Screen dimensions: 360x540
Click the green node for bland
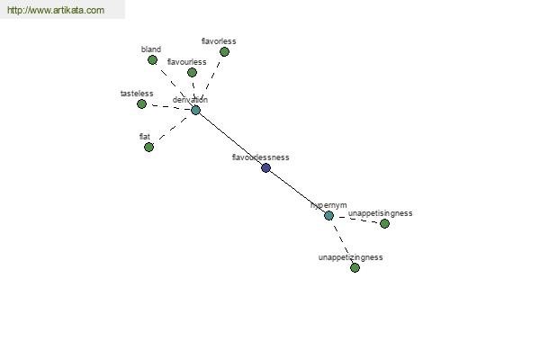152,60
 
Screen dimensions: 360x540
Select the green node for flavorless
224,52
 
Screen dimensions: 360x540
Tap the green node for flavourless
192,73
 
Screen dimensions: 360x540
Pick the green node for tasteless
141,104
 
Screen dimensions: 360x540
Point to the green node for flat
148,147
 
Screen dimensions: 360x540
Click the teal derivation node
195,111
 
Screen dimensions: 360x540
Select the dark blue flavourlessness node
265,167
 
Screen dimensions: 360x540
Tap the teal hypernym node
328,216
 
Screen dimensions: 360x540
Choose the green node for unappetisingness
384,223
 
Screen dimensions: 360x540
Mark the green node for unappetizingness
355,267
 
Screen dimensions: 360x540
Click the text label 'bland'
150,49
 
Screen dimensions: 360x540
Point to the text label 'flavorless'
219,41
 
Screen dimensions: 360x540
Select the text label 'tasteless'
137,94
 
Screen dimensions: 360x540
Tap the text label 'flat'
145,136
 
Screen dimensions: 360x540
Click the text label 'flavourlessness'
261,157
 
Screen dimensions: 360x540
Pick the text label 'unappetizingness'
351,257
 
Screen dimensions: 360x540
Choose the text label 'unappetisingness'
381,213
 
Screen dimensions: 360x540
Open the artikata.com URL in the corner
56,11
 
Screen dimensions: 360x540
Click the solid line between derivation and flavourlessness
230,139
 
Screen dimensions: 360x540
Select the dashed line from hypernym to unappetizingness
342,242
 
